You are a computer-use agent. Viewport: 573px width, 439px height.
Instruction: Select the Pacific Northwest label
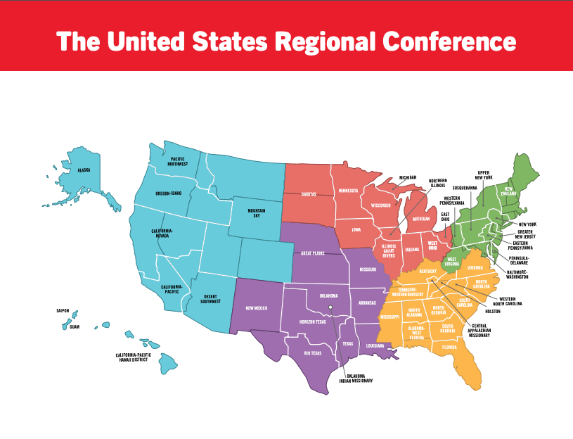(x=178, y=161)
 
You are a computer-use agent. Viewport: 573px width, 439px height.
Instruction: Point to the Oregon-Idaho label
(x=168, y=193)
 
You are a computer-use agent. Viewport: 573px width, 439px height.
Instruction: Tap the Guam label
(x=75, y=326)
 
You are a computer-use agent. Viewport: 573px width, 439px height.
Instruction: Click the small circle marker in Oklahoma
(x=330, y=306)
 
